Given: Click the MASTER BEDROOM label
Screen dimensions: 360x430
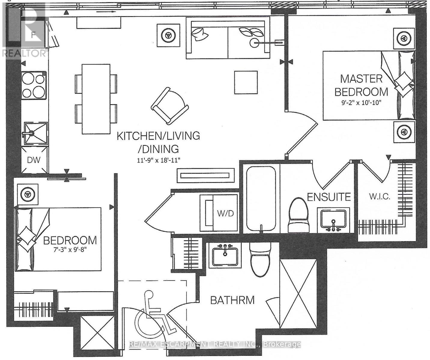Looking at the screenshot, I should (361, 85).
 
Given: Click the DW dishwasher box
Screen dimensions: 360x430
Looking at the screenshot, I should (34, 160).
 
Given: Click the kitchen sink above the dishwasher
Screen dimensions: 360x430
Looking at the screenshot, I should (35, 133).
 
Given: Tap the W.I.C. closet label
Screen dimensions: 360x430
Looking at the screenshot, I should (380, 197).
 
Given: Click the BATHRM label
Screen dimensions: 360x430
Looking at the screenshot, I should (232, 300).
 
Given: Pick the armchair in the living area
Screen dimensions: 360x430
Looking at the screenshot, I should (170, 106).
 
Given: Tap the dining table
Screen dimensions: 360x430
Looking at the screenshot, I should (96, 99).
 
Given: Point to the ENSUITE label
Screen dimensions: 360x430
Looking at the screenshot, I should (329, 197).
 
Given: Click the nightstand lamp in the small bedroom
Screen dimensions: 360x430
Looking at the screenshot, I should (28, 194).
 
